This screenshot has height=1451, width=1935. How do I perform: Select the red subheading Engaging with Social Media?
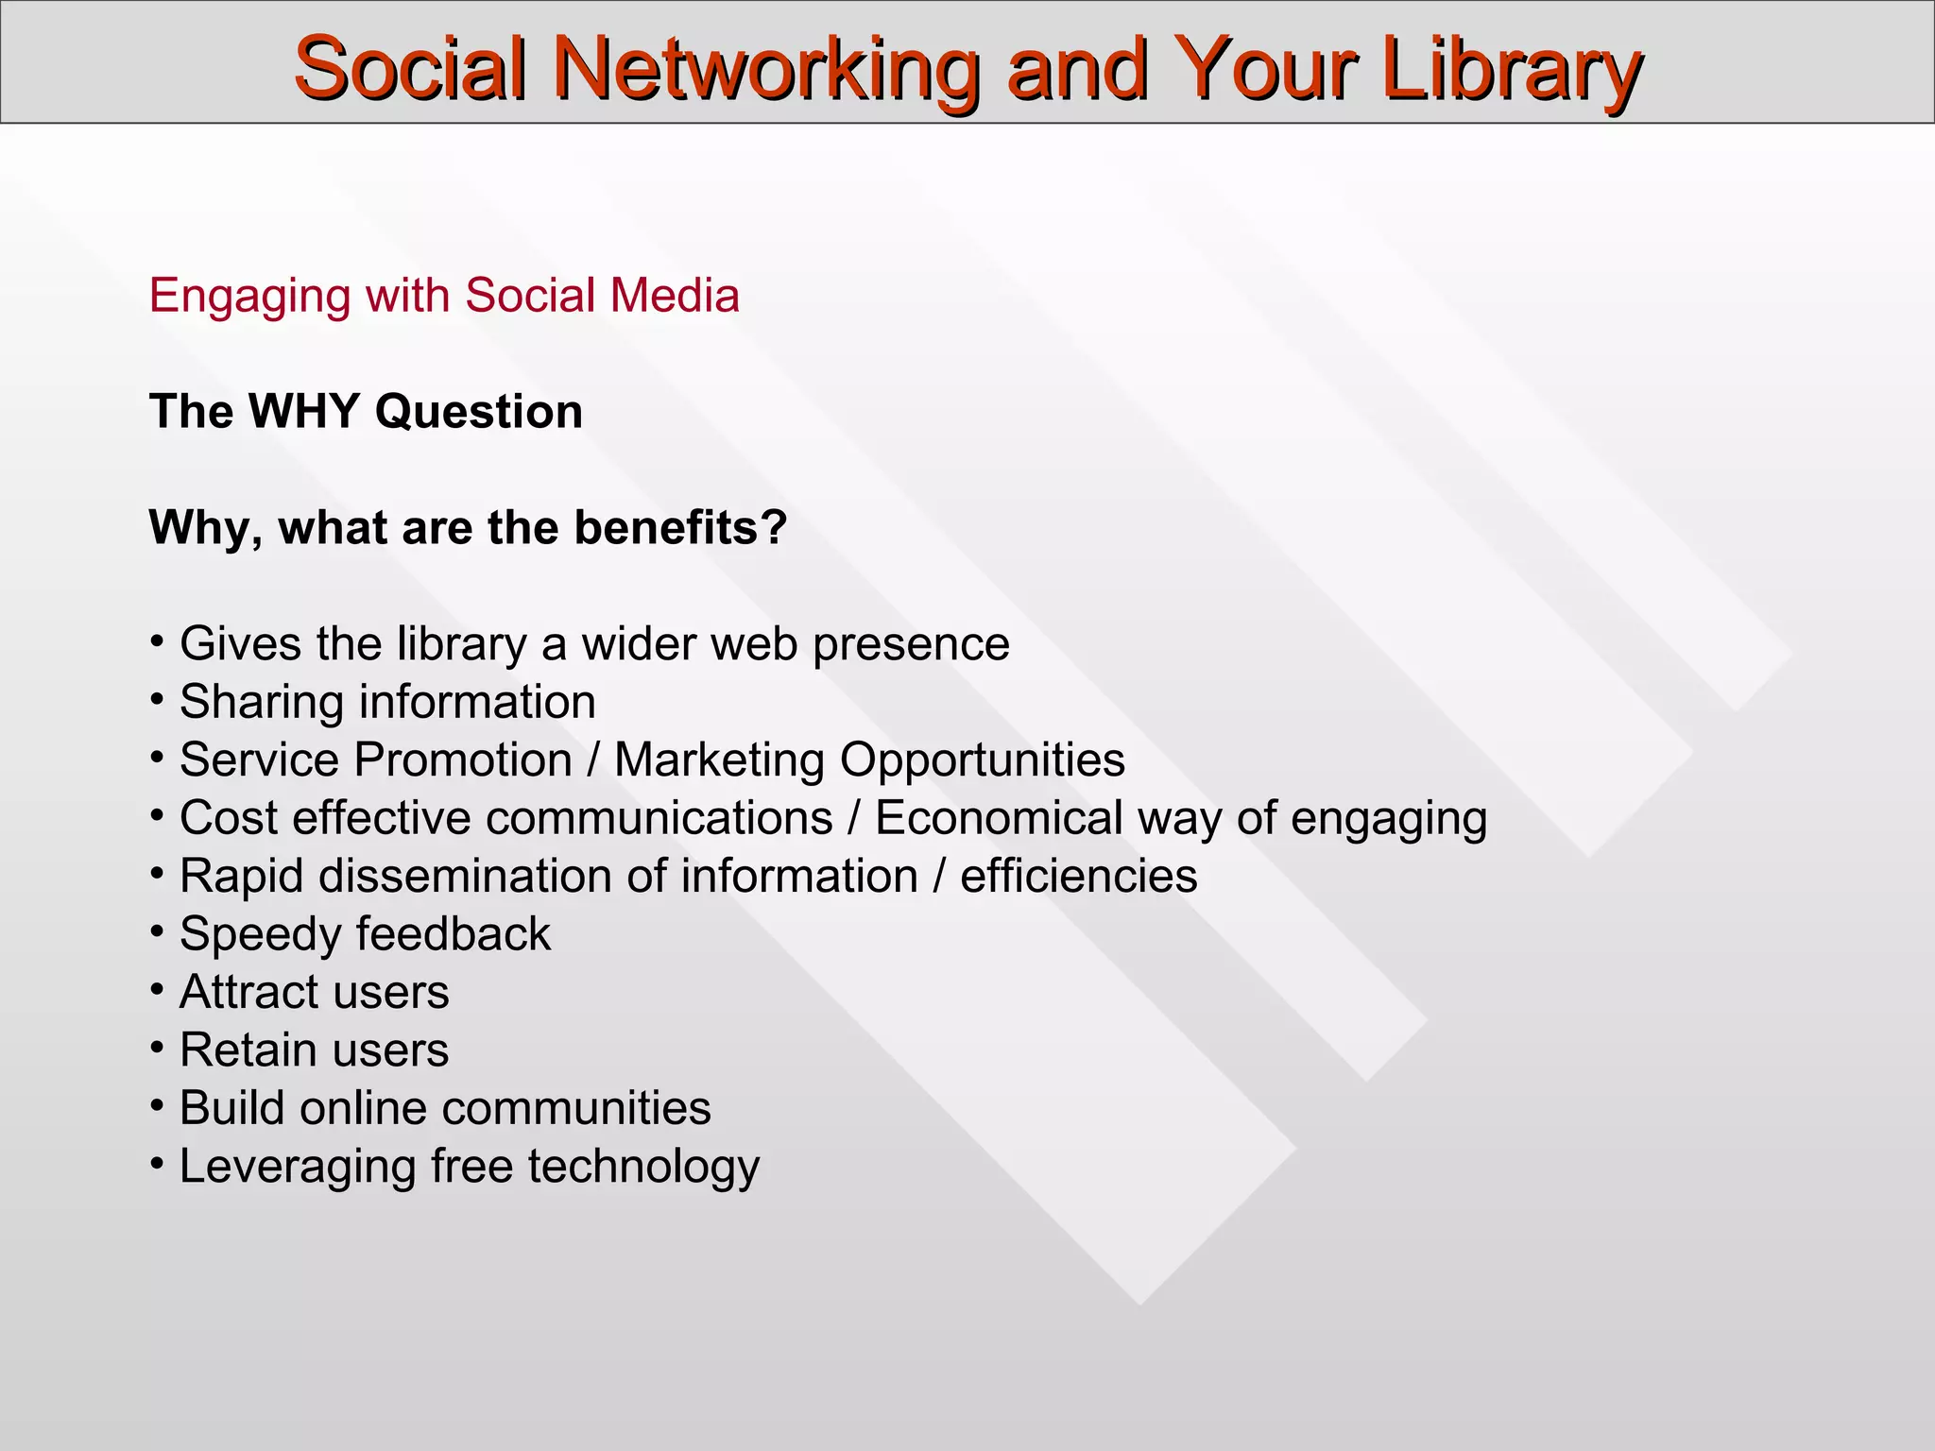pyautogui.click(x=444, y=296)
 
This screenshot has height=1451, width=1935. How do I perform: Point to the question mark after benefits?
pyautogui.click(x=776, y=527)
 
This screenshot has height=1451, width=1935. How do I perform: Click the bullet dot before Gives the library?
pyautogui.click(x=157, y=640)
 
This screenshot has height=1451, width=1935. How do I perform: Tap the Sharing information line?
pyautogui.click(x=387, y=702)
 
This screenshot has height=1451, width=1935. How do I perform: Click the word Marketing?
pyautogui.click(x=719, y=760)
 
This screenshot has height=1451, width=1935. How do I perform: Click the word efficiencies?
pyautogui.click(x=1078, y=876)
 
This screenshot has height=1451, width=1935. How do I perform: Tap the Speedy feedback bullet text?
pyautogui.click(x=365, y=934)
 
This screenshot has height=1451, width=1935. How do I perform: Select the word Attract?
pyautogui.click(x=237, y=992)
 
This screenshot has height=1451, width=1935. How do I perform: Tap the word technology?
pyautogui.click(x=643, y=1167)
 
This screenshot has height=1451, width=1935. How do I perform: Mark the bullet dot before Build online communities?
pyautogui.click(x=157, y=1104)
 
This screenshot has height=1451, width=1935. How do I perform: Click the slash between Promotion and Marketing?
pyautogui.click(x=592, y=760)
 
